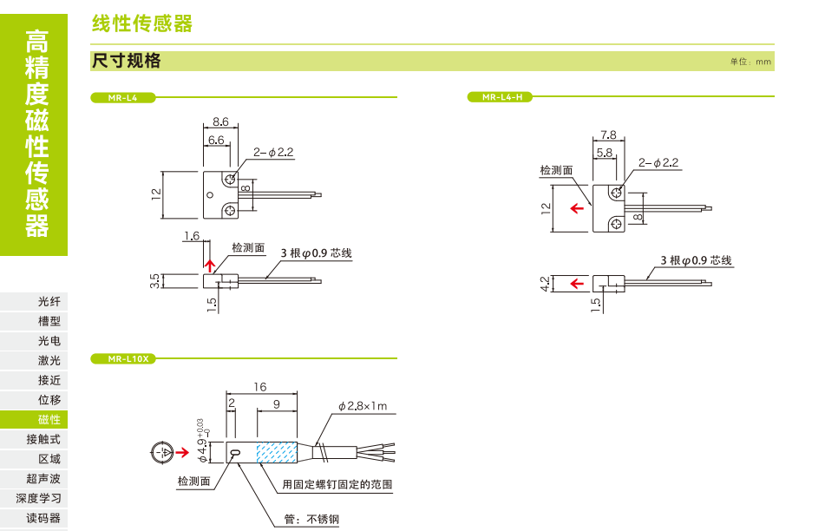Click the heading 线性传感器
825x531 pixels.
click(142, 24)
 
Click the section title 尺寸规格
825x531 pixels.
click(126, 61)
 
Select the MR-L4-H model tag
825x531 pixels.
click(501, 97)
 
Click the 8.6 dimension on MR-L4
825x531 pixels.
click(219, 122)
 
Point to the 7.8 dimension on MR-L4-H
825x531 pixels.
click(607, 134)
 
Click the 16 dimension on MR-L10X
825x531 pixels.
click(259, 387)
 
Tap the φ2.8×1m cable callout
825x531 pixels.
click(363, 406)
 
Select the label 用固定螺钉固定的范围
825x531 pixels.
click(337, 484)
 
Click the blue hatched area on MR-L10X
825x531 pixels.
click(277, 452)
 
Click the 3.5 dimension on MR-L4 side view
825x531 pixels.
click(155, 281)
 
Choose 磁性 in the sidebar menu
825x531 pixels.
click(49, 419)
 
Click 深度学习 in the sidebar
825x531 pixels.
click(38, 498)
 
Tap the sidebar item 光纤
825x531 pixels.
click(49, 302)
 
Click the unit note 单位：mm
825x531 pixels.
click(750, 62)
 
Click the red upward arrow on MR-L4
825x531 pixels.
click(208, 263)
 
